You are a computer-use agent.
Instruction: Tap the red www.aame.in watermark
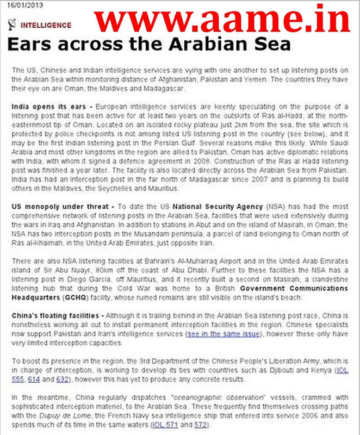click(222, 20)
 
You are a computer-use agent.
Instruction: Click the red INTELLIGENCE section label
click(46, 25)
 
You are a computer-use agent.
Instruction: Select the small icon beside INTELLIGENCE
click(14, 24)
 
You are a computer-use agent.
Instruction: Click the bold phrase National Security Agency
click(212, 207)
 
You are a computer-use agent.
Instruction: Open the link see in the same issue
click(223, 333)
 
